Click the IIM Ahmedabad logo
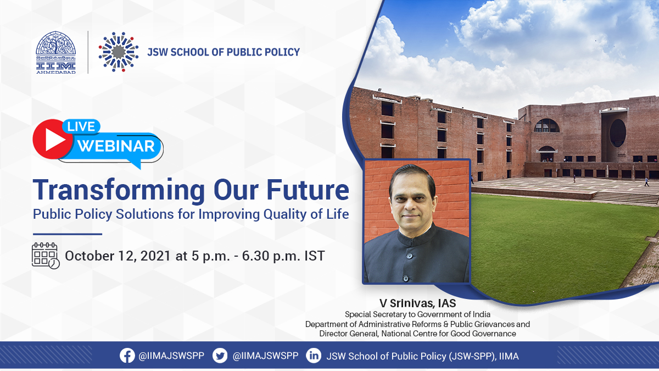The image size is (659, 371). point(56,52)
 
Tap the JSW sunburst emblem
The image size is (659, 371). point(119,52)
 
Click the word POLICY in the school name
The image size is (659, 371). point(282,52)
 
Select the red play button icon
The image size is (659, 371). point(53,139)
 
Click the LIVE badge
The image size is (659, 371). point(81,126)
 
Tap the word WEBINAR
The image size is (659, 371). point(116,146)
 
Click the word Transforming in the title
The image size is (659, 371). point(119,191)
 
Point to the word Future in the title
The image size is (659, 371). point(308,190)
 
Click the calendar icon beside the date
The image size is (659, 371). point(46,256)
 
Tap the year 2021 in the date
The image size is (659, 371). point(155,256)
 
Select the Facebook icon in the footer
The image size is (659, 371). point(127,356)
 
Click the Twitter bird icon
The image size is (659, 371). point(220,356)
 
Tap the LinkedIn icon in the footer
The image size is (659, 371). point(314,356)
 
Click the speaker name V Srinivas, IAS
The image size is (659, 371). point(417,303)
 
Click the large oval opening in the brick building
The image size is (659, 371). point(617,133)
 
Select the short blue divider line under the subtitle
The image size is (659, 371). point(68,234)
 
